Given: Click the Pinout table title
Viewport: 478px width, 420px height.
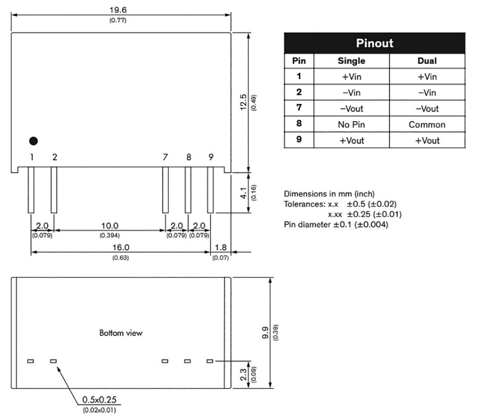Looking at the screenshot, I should pyautogui.click(x=374, y=43).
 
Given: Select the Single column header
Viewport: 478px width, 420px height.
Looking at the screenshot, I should pyautogui.click(x=351, y=61).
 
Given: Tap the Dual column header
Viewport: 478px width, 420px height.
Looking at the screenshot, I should pyautogui.click(x=427, y=61).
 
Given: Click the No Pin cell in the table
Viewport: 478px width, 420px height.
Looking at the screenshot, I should pyautogui.click(x=351, y=125).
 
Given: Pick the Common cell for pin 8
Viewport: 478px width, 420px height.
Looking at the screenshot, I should pyautogui.click(x=427, y=125).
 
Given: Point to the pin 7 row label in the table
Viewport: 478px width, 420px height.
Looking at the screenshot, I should pyautogui.click(x=299, y=108).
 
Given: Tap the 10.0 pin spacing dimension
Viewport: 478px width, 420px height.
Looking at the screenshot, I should pyautogui.click(x=110, y=226).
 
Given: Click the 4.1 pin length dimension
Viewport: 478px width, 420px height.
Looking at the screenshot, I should pyautogui.click(x=243, y=193).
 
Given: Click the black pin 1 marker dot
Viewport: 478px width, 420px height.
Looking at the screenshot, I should pyautogui.click(x=33, y=140).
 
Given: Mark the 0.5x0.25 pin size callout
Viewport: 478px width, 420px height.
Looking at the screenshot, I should pyautogui.click(x=99, y=400).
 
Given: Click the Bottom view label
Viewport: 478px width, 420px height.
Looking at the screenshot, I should pyautogui.click(x=121, y=333).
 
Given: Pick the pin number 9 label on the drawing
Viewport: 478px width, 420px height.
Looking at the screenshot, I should pyautogui.click(x=211, y=157).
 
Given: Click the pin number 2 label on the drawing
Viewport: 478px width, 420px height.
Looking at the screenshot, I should pyautogui.click(x=55, y=157).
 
